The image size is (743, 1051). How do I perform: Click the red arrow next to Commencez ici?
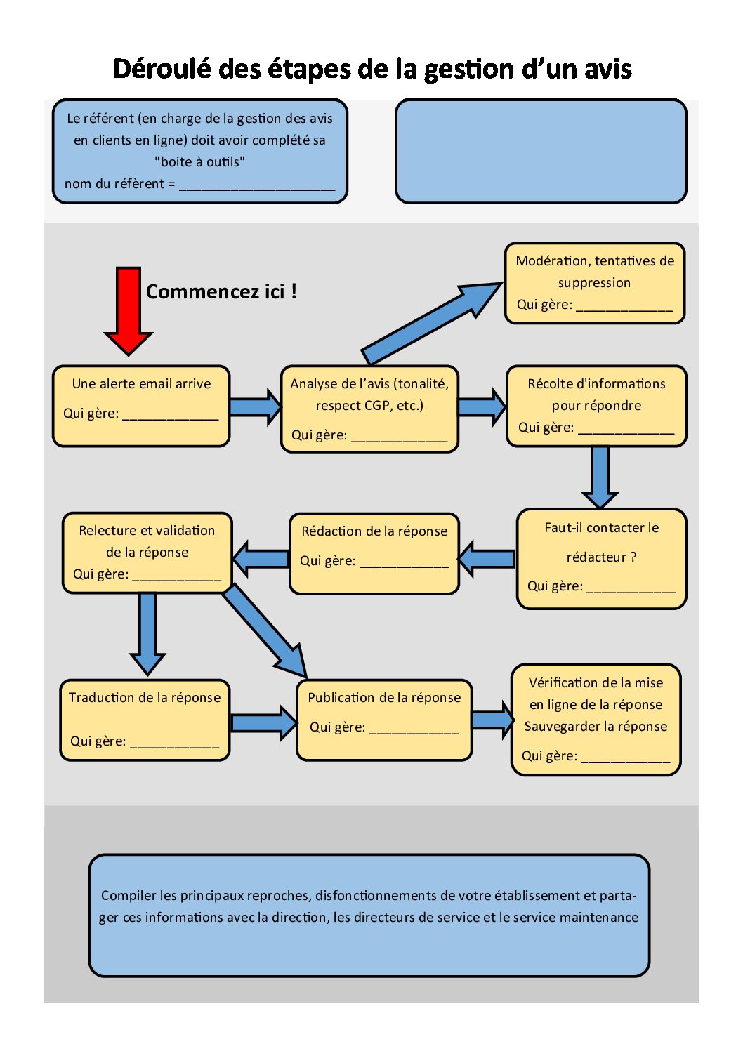point(128,310)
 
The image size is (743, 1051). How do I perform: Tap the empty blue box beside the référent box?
point(541,151)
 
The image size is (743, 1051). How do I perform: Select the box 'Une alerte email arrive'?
point(141,406)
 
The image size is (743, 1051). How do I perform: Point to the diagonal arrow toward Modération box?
point(432,324)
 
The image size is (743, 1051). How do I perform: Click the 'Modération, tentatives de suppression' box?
point(595,283)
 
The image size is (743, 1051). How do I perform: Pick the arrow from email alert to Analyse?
point(256,406)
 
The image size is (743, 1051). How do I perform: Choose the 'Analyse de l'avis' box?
point(369,409)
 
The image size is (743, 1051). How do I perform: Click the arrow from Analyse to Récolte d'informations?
point(482,406)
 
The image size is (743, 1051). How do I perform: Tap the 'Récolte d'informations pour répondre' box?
point(596,406)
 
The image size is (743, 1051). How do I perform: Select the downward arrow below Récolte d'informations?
point(600,477)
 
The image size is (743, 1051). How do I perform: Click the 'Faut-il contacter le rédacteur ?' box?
point(601,558)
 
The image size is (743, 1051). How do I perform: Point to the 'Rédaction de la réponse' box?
point(374,554)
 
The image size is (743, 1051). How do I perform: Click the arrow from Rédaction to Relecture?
point(261,558)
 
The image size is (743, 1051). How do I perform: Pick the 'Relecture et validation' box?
point(147,553)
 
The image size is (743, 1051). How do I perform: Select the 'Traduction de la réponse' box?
point(145,720)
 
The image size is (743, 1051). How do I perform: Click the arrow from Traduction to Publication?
point(263,722)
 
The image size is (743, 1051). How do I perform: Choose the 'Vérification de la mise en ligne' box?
point(596,720)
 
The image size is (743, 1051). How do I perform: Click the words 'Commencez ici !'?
point(221,291)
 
